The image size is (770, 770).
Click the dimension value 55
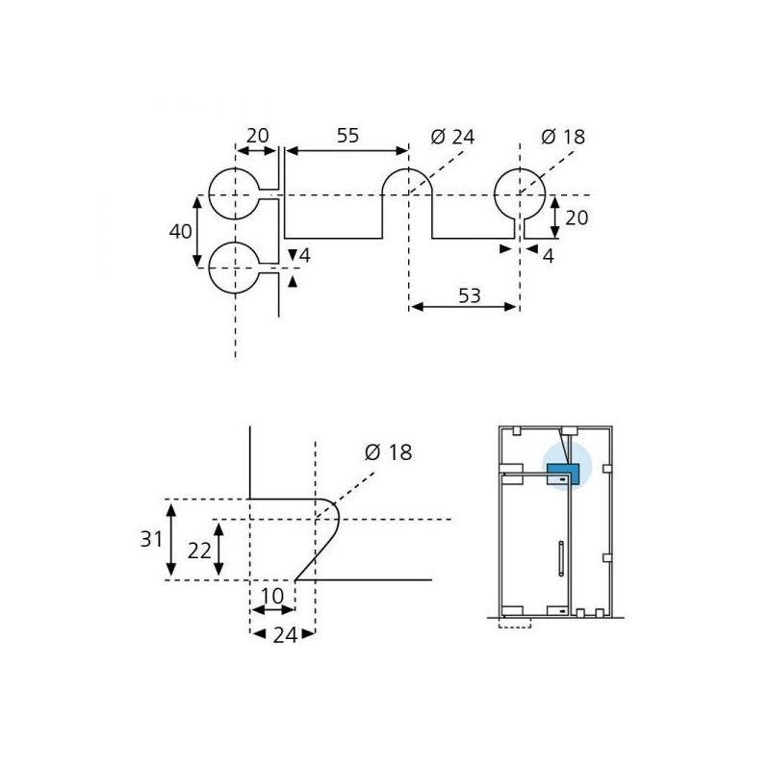tap(347, 136)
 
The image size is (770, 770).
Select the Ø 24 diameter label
tap(452, 137)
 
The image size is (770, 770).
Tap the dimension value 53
tap(470, 295)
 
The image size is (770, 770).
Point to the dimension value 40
tap(180, 231)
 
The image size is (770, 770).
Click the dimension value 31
tap(151, 539)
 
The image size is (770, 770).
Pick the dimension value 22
tap(199, 551)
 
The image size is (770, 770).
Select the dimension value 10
tap(272, 596)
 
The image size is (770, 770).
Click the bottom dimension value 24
tap(285, 635)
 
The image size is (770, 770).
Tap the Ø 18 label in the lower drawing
tap(388, 452)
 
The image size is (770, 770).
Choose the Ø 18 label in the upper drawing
tap(563, 137)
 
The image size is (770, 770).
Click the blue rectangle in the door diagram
tap(564, 475)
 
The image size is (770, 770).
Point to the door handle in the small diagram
tap(561, 558)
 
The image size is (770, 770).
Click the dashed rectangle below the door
tap(515, 623)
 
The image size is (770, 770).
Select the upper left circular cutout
tap(209, 193)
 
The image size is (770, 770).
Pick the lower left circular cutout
tap(209, 268)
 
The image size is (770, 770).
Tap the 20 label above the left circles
tap(258, 136)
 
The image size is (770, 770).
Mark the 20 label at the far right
tap(577, 218)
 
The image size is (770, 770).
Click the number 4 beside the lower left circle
tap(304, 255)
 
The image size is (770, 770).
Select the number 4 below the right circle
tap(548, 256)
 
